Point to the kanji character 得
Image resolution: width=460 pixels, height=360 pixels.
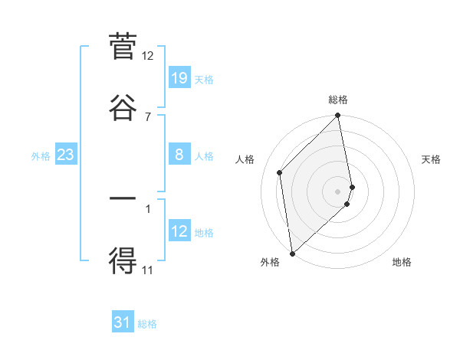point(123,260)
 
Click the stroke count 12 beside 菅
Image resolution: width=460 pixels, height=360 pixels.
point(148,56)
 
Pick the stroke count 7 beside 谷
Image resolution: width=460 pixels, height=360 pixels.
point(148,116)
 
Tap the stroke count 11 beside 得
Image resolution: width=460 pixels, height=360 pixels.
point(148,270)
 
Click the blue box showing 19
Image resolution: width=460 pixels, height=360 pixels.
point(179,78)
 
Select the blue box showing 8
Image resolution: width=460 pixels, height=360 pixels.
point(179,155)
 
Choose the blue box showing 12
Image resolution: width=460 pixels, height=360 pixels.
point(179,231)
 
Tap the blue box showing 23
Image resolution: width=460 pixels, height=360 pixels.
point(66,155)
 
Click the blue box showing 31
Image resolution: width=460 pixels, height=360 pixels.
point(123,322)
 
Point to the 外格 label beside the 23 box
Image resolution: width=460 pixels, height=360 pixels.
point(41,156)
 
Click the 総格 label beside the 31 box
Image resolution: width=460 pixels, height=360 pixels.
point(147,324)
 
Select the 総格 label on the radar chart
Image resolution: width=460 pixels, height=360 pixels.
point(338,100)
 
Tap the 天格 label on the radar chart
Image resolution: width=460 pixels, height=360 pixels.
point(431,159)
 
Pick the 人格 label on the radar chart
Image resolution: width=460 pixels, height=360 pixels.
point(245,159)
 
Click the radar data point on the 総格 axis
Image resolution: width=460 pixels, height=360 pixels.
point(338,116)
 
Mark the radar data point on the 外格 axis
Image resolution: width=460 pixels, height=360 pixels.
point(292,253)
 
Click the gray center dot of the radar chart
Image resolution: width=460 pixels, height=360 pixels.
point(338,191)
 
